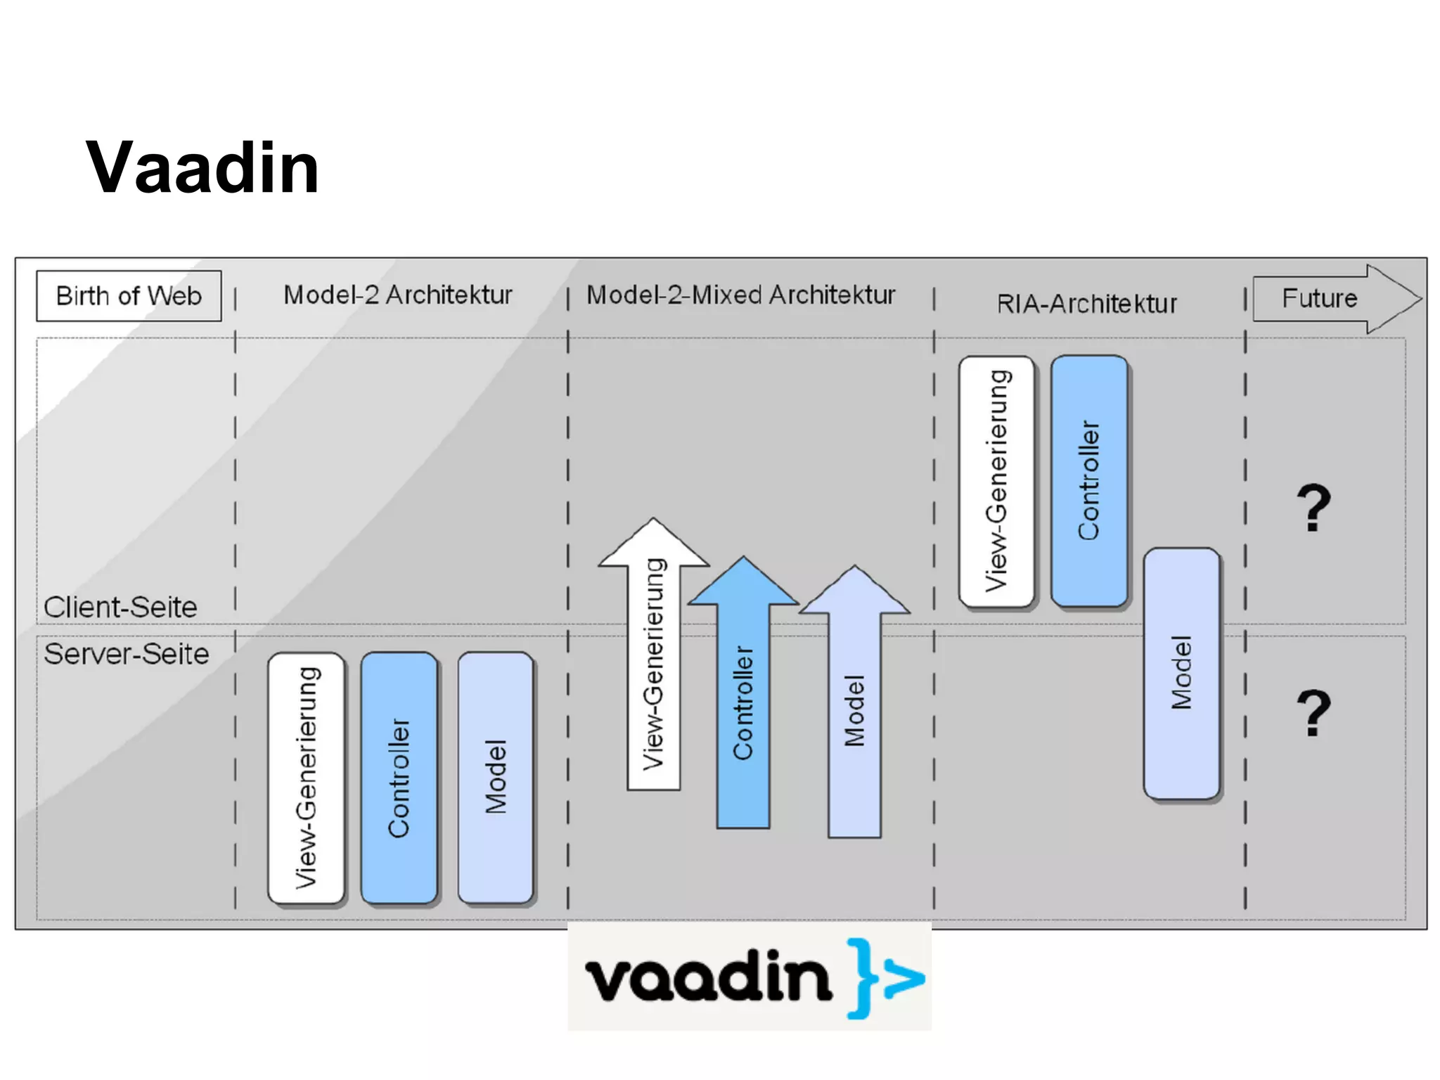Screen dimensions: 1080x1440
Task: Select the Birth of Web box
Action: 129,296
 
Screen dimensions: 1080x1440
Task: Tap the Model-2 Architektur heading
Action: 397,295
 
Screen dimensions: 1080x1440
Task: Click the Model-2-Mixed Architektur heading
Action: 740,295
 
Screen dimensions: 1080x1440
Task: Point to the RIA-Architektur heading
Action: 1086,304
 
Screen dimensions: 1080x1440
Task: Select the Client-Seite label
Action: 120,607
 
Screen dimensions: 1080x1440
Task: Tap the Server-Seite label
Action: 127,654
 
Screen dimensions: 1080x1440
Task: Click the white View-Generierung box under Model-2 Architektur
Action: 307,777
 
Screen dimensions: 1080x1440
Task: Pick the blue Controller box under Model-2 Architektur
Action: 399,777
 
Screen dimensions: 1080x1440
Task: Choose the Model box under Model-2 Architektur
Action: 496,777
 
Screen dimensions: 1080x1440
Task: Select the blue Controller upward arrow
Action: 743,703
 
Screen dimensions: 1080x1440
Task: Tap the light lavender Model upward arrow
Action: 854,710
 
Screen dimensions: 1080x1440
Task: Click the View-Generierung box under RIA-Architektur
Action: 996,482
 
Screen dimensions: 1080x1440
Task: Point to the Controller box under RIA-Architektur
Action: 1089,482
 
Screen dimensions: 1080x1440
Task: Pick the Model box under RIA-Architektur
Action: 1181,673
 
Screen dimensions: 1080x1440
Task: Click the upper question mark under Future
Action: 1313,508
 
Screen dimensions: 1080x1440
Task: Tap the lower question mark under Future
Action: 1313,713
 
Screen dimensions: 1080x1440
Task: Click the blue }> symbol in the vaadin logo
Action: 885,978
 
